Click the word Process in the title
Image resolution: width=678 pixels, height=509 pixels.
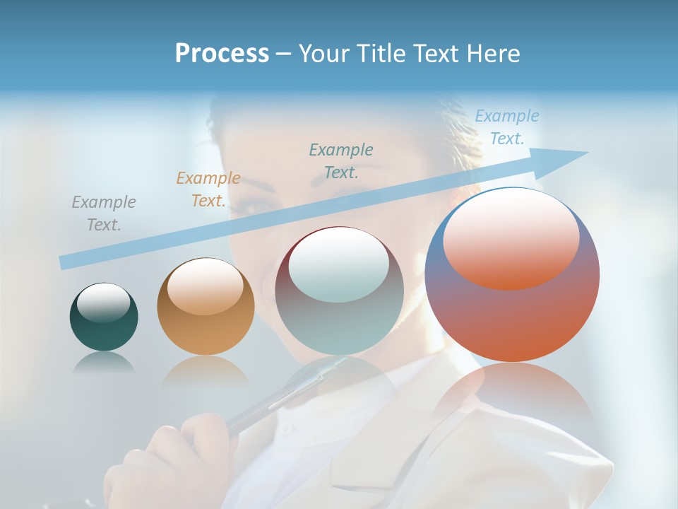click(x=222, y=54)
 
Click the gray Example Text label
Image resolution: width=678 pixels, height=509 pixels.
click(x=103, y=213)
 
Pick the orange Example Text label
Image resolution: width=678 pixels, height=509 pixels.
click(x=208, y=189)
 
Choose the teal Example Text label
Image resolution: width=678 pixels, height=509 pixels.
click(x=341, y=160)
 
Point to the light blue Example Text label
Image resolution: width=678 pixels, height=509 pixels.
click(x=506, y=127)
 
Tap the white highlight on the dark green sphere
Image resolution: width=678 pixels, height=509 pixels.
click(x=103, y=303)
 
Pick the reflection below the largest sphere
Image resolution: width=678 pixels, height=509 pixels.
click(x=512, y=396)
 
